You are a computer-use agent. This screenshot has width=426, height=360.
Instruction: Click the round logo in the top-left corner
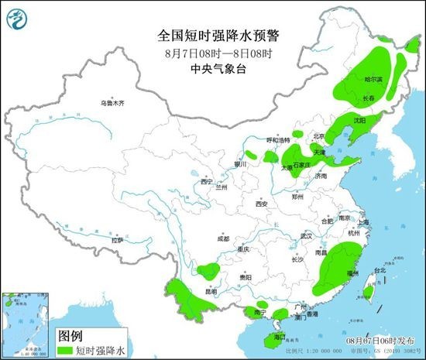[16, 13]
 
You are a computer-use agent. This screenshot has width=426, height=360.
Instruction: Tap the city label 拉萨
[117, 240]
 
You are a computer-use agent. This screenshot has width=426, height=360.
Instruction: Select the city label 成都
[223, 238]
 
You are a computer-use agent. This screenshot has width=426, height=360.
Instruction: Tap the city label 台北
[379, 271]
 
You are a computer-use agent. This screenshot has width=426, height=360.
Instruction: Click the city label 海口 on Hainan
[280, 337]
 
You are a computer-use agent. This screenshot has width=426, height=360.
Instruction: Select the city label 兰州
[222, 187]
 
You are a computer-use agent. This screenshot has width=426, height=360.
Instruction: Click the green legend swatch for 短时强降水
[70, 350]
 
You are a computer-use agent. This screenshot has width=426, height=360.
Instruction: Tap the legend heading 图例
[70, 336]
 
